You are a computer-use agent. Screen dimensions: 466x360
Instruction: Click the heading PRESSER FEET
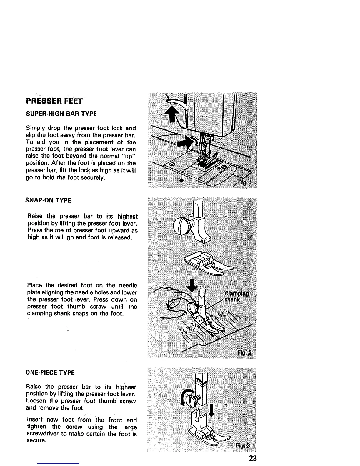click(x=54, y=101)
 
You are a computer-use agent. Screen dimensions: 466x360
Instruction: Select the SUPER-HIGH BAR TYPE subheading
click(x=61, y=114)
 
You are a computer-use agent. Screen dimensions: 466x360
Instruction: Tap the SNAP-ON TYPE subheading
click(x=49, y=201)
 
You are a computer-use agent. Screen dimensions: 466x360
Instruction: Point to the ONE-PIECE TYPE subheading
click(x=50, y=373)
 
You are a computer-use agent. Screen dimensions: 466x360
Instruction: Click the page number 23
click(x=253, y=458)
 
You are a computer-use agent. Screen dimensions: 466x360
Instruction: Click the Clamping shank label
click(x=236, y=297)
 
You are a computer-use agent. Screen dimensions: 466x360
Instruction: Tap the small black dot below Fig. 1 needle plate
click(x=181, y=180)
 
